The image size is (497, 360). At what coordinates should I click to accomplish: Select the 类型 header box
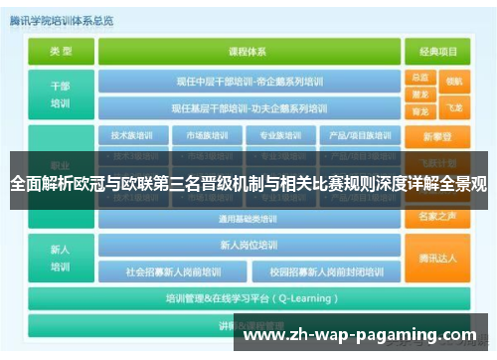[x=61, y=50]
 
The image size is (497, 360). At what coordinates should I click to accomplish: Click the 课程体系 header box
[x=250, y=50]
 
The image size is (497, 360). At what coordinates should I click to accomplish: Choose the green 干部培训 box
[x=61, y=93]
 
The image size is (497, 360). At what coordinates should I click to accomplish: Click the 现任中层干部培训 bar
[x=250, y=82]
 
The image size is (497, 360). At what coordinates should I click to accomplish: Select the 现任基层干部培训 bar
[x=250, y=107]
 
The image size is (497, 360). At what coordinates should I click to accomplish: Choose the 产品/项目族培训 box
[x=343, y=135]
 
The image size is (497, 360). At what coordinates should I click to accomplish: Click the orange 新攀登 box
[x=436, y=135]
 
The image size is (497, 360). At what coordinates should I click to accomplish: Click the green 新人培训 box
[x=61, y=258]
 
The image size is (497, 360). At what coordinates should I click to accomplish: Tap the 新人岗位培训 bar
[x=250, y=245]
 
